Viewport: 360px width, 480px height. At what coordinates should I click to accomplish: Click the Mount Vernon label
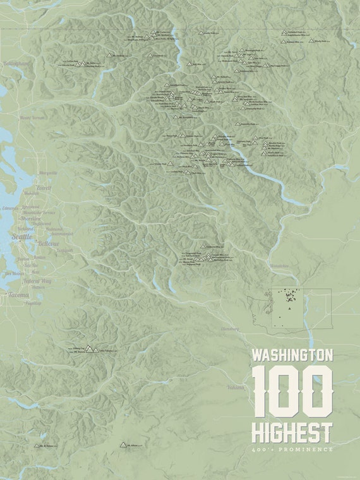[x=33, y=117]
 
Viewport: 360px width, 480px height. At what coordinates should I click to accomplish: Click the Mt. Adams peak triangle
[x=123, y=445]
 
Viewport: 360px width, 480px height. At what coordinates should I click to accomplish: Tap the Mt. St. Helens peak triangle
[x=36, y=445]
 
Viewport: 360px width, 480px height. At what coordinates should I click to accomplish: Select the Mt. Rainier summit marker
[x=89, y=348]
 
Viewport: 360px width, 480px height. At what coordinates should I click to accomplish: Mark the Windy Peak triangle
[x=311, y=40]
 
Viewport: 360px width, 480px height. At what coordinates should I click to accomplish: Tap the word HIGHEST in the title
[x=292, y=433]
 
